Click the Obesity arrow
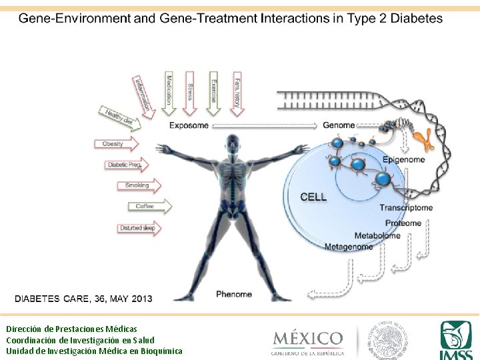[x=116, y=144]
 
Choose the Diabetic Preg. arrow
[x=127, y=165]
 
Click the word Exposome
[x=189, y=125]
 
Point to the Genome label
[x=339, y=125]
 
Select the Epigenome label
[x=403, y=160]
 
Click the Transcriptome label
[x=406, y=208]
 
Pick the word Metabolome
[x=377, y=235]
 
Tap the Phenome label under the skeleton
[x=234, y=294]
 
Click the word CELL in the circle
[x=313, y=197]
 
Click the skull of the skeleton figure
[x=233, y=141]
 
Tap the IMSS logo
[x=456, y=339]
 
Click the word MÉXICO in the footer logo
[x=307, y=338]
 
